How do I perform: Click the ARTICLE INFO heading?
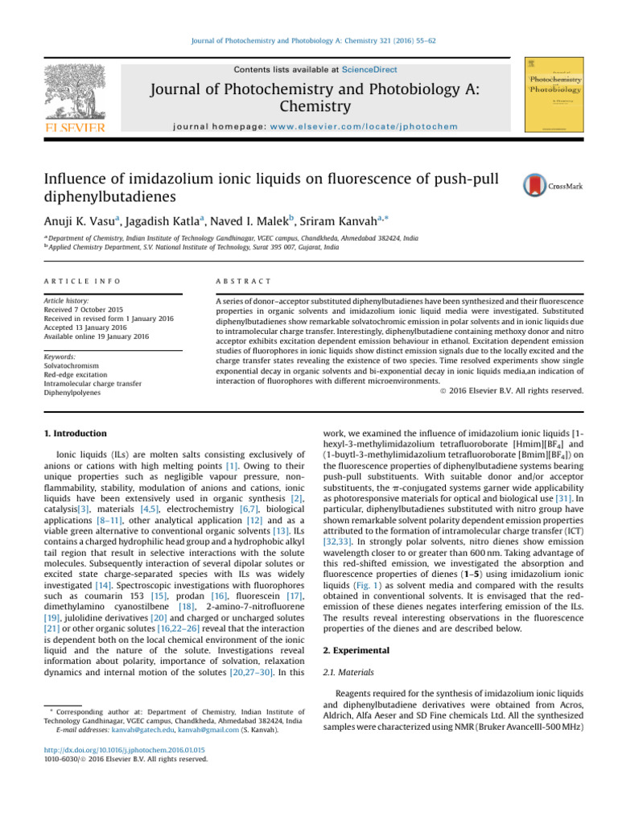click(80, 281)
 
